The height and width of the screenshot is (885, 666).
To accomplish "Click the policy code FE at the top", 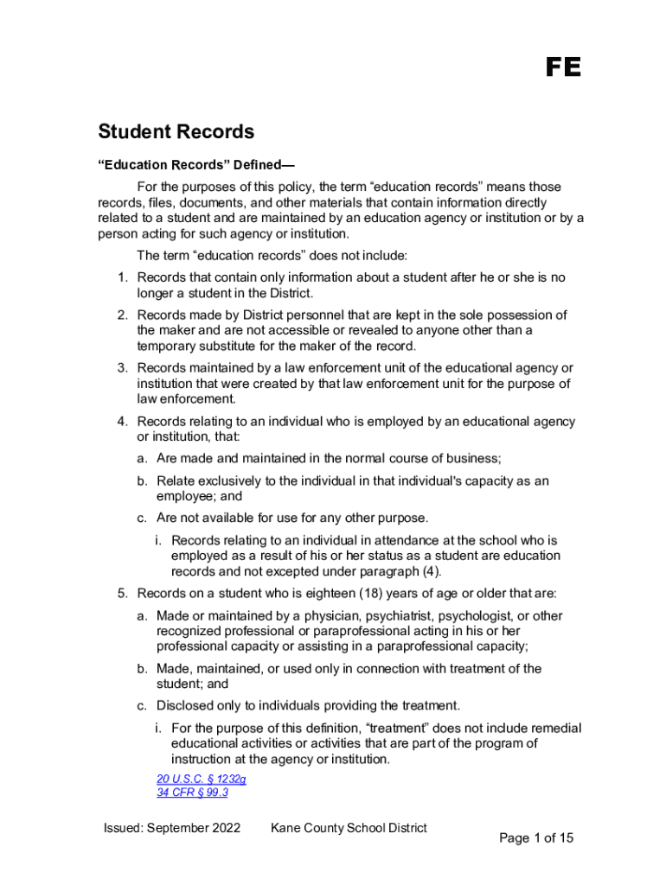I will [x=563, y=68].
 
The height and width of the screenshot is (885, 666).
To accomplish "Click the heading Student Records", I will [x=176, y=132].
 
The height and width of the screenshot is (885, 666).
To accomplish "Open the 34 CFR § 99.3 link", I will [x=192, y=793].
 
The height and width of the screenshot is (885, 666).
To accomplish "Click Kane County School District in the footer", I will [x=349, y=828].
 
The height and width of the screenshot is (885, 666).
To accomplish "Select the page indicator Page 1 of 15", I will [x=536, y=837].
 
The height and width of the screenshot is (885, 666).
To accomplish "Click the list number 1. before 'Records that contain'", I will [x=123, y=277].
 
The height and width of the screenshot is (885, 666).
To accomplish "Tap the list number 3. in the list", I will [x=123, y=368].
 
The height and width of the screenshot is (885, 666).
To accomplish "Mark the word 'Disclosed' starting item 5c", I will [x=185, y=705].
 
